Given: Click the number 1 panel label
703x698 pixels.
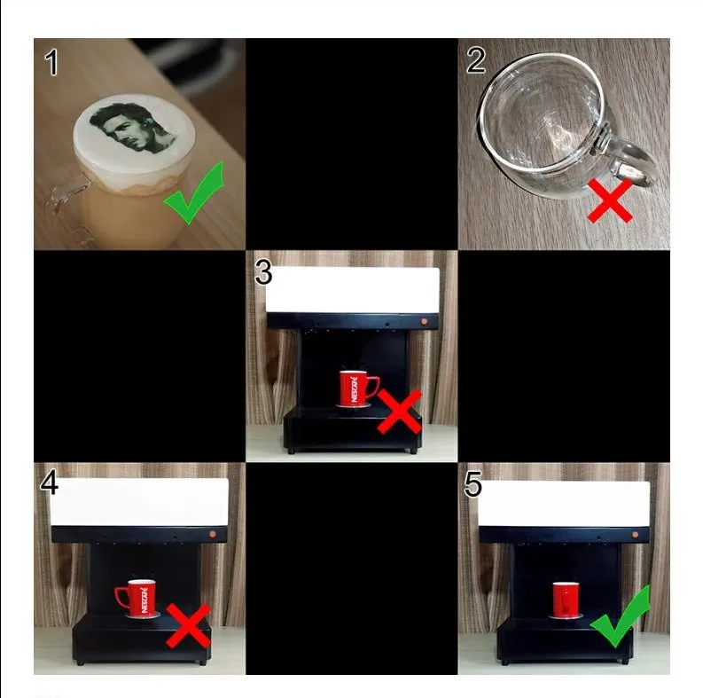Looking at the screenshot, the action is tap(52, 62).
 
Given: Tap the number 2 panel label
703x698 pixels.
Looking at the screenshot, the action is tap(476, 60).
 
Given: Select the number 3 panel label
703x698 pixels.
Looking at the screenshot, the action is tap(263, 272).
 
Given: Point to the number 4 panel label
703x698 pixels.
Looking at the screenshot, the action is tap(49, 482).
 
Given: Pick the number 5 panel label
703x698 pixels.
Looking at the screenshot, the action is tap(473, 485).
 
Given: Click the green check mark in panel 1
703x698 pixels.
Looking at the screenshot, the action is tap(194, 192).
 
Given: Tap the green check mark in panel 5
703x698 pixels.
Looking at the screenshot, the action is tap(621, 616).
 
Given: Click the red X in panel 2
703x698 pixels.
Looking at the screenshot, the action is tap(610, 200).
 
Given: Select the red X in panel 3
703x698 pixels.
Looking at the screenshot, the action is tap(400, 412).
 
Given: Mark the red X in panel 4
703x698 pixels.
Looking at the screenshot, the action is tap(188, 626).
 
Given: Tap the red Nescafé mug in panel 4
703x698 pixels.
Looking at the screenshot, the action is tap(136, 599).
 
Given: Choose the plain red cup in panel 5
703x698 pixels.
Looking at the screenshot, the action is tap(566, 600).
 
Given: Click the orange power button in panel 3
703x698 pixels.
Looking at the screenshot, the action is tap(424, 321).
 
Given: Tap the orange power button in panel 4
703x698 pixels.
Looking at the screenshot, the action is tap(212, 534).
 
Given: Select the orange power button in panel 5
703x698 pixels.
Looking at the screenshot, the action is tap(635, 534).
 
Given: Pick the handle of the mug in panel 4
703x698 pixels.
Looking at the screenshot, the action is tap(121, 596).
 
